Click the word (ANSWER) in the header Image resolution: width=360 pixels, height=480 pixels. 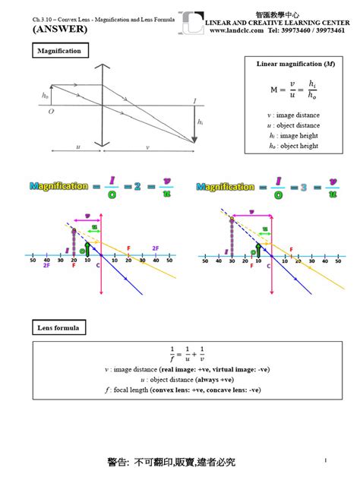tap(59, 29)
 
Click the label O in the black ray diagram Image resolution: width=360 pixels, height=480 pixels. tap(51, 111)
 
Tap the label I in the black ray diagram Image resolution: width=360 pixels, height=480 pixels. tap(194, 99)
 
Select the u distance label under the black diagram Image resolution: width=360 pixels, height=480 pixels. tap(77, 148)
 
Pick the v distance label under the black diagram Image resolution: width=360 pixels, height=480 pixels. tap(148, 148)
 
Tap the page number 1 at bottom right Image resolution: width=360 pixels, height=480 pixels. tap(324, 460)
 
